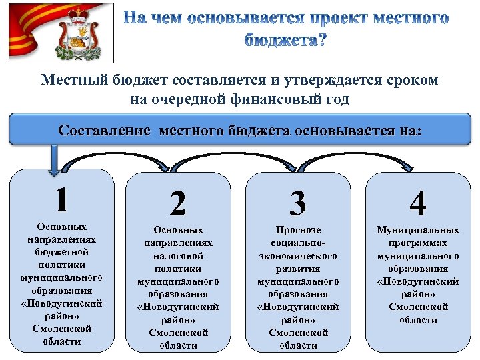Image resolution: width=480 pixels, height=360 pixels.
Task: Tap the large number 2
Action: click(178, 203)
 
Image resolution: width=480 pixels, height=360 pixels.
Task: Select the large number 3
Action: click(298, 203)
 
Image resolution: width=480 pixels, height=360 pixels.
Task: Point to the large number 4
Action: click(418, 203)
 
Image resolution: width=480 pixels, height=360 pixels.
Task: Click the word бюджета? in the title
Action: click(285, 39)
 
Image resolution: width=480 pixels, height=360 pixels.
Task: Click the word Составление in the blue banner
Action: click(104, 130)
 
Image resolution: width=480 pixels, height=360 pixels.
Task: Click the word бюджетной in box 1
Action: click(62, 252)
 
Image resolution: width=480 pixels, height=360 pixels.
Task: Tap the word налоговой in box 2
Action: click(178, 256)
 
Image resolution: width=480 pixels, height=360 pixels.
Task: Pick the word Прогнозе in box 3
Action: click(298, 231)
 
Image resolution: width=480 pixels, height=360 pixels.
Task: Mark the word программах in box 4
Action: click(418, 243)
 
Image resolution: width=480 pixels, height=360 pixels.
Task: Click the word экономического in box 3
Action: click(298, 256)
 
